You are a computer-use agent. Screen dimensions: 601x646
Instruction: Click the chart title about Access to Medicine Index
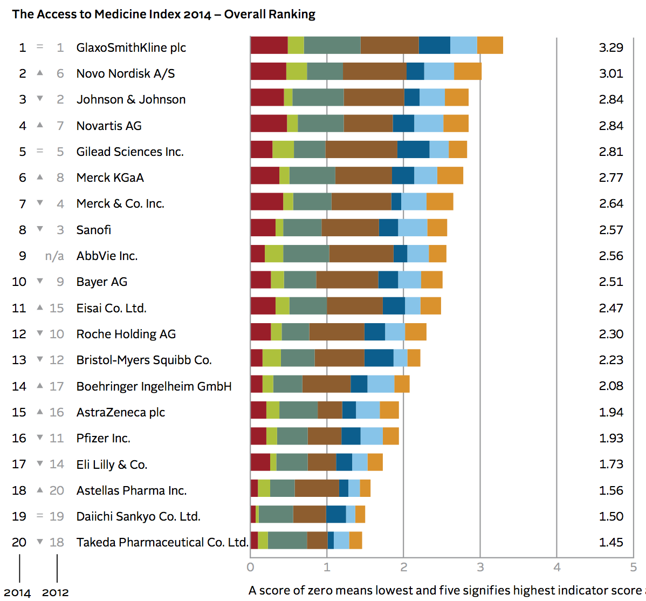(163, 15)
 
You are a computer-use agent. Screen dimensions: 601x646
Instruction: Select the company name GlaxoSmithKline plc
(131, 47)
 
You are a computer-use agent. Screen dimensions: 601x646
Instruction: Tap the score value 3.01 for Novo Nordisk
(611, 73)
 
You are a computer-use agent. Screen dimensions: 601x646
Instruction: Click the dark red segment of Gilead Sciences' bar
(262, 149)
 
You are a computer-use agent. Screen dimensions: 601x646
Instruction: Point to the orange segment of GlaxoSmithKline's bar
(490, 45)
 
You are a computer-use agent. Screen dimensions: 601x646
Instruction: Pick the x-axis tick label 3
(480, 567)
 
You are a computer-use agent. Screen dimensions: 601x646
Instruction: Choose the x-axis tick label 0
(250, 567)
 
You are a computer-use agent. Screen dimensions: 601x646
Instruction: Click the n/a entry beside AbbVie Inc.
(54, 256)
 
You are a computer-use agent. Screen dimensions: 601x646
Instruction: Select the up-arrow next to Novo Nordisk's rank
(40, 72)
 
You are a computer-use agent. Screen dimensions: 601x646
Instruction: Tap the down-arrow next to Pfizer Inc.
(40, 438)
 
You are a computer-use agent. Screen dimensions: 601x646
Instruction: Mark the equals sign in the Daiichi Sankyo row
(40, 516)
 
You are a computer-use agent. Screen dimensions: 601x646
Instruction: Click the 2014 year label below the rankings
(17, 592)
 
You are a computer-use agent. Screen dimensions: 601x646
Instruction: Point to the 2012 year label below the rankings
(56, 592)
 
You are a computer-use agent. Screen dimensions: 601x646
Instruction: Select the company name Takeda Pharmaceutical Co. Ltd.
(162, 542)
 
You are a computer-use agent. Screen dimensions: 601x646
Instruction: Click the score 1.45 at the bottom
(611, 542)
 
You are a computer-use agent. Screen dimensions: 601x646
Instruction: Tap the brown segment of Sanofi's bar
(350, 228)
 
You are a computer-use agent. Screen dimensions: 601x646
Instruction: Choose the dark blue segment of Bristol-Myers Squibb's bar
(379, 358)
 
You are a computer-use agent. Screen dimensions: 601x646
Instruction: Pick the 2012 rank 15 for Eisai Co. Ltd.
(57, 308)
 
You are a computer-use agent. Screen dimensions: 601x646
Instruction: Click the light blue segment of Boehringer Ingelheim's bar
(381, 384)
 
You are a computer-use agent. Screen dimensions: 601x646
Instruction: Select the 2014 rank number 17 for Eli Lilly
(19, 464)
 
